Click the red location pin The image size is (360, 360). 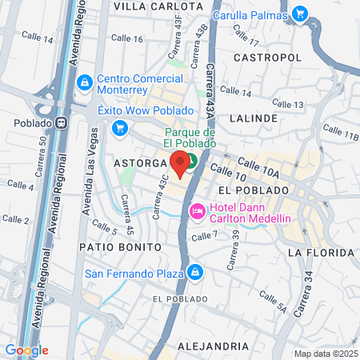point(181,162)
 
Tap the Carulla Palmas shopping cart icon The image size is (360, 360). point(300,14)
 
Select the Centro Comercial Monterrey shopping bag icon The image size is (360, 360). point(84,82)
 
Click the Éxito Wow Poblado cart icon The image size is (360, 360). point(119,127)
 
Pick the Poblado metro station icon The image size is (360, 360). point(60,123)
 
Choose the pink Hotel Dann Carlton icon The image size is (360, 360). point(196,211)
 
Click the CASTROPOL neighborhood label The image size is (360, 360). point(267,58)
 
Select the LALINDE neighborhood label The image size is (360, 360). point(253,118)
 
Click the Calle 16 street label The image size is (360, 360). point(126,38)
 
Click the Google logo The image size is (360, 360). point(26,350)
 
